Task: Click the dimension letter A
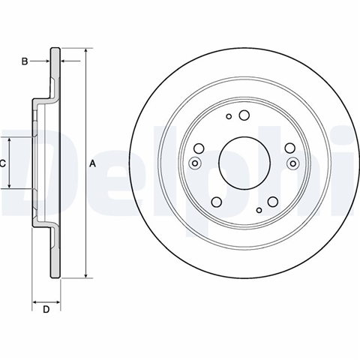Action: [x=93, y=163]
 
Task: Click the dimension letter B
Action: [x=25, y=61]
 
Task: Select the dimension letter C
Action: [x=2, y=163]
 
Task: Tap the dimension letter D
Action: [x=46, y=310]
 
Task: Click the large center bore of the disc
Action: [x=244, y=163]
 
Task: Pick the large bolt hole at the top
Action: [x=244, y=115]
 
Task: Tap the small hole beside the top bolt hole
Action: [x=229, y=116]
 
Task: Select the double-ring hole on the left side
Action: [x=195, y=163]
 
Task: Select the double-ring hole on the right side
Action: [x=293, y=163]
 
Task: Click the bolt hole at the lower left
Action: [x=217, y=202]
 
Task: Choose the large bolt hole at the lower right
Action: [x=272, y=202]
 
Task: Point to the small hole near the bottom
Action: [x=259, y=210]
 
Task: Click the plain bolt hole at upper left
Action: [x=199, y=148]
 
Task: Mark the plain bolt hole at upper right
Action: [x=290, y=148]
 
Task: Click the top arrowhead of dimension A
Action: [x=86, y=51]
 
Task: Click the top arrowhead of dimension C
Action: [x=10, y=140]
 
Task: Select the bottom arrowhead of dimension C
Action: [x=10, y=185]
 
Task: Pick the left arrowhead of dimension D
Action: [x=35, y=302]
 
